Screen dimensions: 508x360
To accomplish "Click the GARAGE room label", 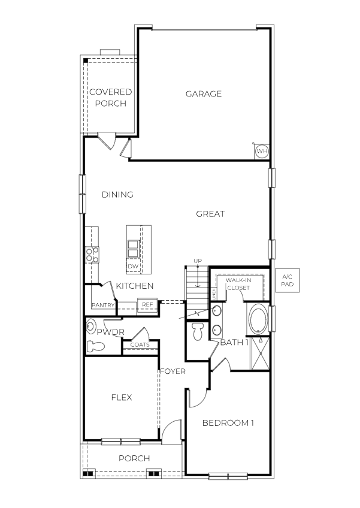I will point(203,94).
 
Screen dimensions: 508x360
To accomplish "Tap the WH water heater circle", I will point(261,152).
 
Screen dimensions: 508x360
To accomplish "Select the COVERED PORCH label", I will point(110,98).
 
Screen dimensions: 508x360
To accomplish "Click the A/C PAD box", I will point(288,282).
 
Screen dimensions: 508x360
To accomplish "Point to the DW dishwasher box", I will point(134,265).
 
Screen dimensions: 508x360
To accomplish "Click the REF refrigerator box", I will point(147,304).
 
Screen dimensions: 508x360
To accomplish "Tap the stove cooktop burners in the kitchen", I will point(92,255).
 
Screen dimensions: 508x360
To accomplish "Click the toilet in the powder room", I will point(95,346).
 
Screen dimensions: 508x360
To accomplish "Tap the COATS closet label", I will point(140,345).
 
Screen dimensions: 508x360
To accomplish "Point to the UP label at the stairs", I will point(197,261).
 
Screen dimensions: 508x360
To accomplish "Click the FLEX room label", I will point(122,397).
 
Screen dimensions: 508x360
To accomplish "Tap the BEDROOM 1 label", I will point(228,424).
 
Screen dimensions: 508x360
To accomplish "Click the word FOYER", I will point(173,371).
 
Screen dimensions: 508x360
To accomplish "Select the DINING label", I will point(117,195).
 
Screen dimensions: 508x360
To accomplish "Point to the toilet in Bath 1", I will point(198,332).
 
